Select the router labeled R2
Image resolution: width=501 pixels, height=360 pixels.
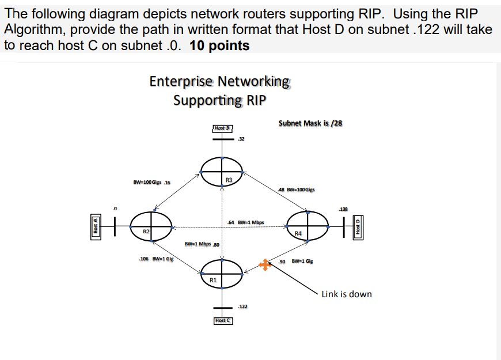point(151,224)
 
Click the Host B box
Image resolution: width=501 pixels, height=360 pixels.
point(222,128)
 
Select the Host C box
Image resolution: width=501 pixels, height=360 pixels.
point(223,321)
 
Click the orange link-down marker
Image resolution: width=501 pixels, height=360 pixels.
point(264,265)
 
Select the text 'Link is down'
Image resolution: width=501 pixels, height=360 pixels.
point(347,294)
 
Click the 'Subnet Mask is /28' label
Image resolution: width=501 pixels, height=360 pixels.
point(310,123)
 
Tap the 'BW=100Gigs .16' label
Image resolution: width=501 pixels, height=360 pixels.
point(151,183)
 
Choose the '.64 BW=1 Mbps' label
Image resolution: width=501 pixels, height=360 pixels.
point(246,222)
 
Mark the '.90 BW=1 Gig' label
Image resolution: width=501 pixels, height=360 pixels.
point(295,262)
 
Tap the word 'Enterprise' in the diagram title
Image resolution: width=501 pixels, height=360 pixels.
point(181,81)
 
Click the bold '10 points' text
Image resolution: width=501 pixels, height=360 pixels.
point(219,46)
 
